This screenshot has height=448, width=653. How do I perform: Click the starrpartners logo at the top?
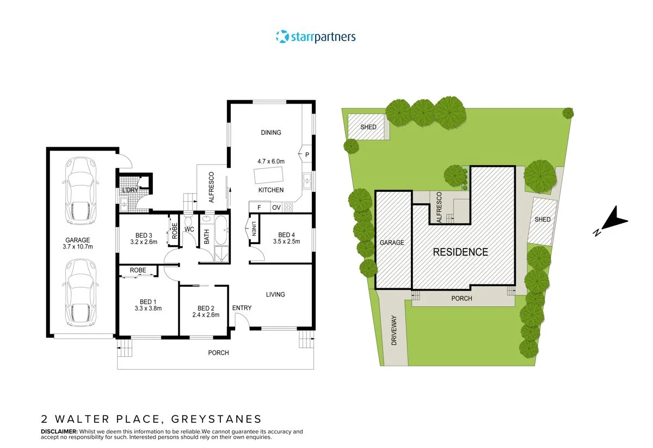tap(316, 37)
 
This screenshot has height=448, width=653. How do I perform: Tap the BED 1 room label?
tap(148, 302)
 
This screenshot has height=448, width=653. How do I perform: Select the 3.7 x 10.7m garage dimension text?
tap(78, 247)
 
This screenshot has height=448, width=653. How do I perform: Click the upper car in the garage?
tap(80, 191)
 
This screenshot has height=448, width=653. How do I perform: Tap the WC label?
tap(189, 229)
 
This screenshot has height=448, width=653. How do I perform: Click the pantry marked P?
tap(307, 155)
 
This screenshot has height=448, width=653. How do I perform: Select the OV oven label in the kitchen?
tap(276, 207)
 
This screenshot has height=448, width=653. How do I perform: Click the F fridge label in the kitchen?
tap(259, 207)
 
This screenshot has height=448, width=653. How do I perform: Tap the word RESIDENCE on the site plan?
tap(460, 252)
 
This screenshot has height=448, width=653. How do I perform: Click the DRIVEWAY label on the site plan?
tap(395, 330)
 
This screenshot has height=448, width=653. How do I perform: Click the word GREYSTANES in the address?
tap(216, 419)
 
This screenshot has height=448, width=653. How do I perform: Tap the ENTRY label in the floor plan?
tap(242, 308)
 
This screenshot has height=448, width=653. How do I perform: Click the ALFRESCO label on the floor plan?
tap(211, 187)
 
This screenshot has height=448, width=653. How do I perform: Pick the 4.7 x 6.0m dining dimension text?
tap(271, 161)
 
